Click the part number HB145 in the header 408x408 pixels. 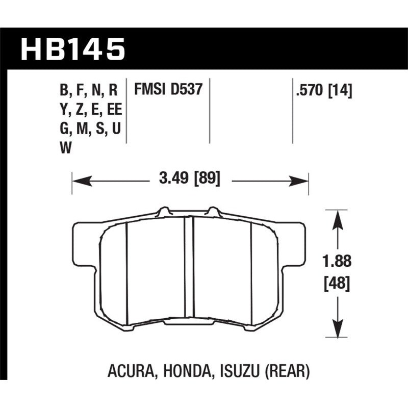tap(73, 49)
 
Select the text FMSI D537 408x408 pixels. tap(168, 90)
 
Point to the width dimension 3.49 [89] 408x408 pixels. tap(189, 179)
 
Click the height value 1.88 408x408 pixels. tap(336, 262)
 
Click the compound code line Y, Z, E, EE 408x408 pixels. tap(90, 110)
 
